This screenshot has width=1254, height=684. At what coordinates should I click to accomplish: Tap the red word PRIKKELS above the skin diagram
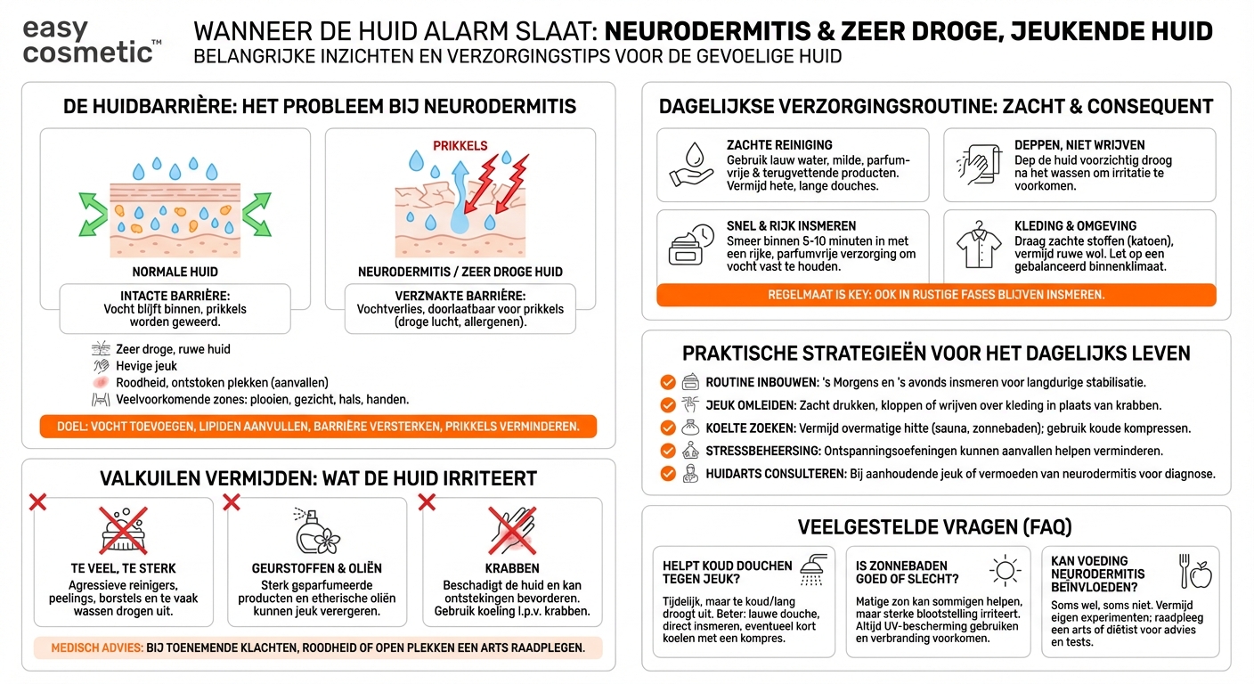coord(460,145)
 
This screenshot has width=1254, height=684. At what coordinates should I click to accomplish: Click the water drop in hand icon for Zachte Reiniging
coord(691,164)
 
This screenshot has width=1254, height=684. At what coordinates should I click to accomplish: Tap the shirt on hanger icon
coord(979,246)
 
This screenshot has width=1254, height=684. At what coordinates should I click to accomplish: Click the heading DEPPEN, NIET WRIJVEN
coord(1079,145)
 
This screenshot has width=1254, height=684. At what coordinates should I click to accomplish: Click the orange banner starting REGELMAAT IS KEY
coord(935,295)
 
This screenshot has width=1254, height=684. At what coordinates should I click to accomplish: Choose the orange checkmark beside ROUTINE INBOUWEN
coord(667,382)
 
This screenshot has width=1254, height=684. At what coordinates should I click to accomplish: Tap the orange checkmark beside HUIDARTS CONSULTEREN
coord(667,474)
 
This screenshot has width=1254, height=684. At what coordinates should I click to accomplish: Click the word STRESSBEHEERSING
coord(762,451)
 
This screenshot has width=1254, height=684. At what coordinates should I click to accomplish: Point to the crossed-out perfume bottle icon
coord(317,531)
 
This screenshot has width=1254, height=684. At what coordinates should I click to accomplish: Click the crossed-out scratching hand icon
coord(512,531)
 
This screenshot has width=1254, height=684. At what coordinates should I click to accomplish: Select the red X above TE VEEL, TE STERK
coord(37,503)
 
